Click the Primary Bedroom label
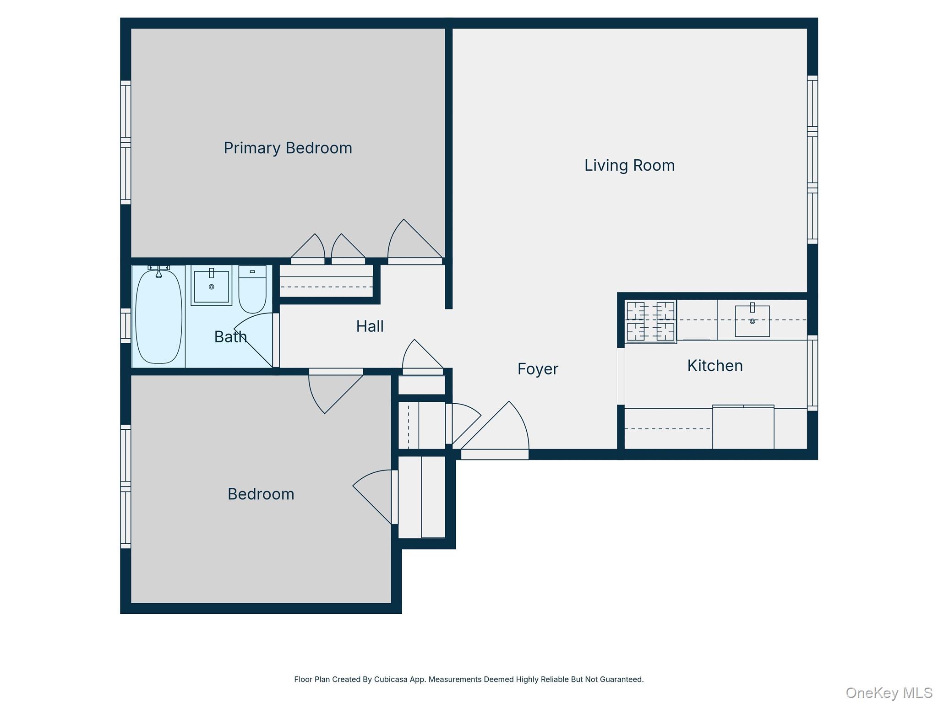tap(288, 148)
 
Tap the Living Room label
tap(629, 166)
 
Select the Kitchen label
tap(714, 366)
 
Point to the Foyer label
tap(538, 369)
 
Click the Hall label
tap(370, 326)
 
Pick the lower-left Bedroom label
tap(261, 494)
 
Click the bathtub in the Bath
tap(158, 316)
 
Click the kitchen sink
tap(752, 321)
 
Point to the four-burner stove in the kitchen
tap(650, 321)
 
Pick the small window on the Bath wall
tap(125, 325)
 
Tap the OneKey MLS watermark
tap(889, 692)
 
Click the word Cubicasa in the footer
tap(390, 679)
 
